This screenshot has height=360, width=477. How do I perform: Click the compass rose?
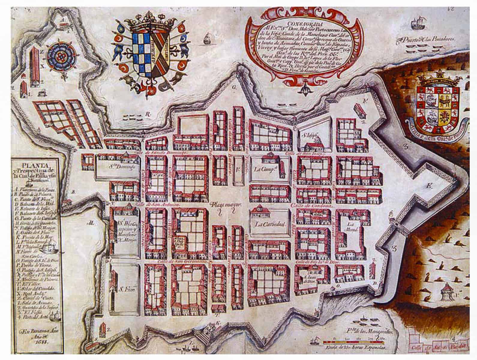(x=61, y=55)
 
